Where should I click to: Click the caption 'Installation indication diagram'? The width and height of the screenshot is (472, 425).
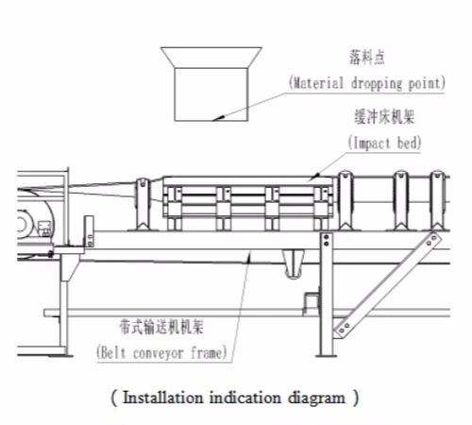pos(235,398)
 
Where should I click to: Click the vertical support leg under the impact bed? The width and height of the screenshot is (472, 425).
pos(326,293)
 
